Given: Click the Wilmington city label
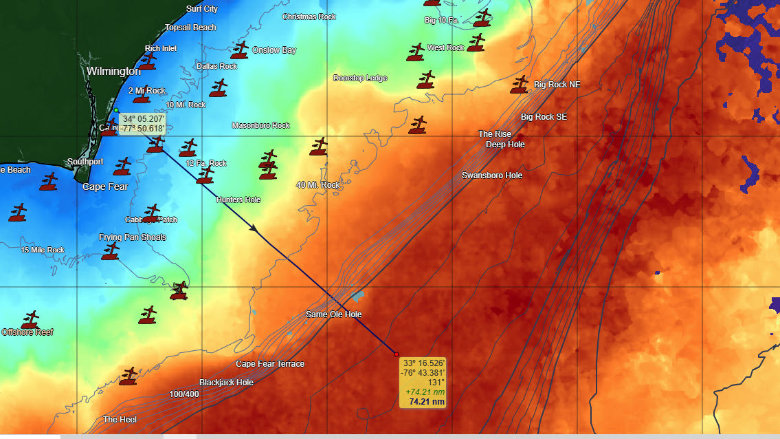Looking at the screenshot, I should tap(113, 71).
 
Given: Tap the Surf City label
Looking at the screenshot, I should tap(202, 9).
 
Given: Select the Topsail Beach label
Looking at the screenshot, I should tap(190, 28).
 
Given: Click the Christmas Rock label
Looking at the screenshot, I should tap(309, 17).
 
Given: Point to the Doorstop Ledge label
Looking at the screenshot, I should tap(360, 78).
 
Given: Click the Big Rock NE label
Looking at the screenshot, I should tap(557, 85).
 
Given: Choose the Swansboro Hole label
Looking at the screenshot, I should tap(492, 175).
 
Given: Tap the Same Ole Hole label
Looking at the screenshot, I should tap(333, 314).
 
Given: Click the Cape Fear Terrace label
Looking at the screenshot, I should tap(270, 364).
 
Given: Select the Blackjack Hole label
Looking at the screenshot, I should tap(226, 383).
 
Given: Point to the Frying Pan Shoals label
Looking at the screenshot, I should tap(133, 237).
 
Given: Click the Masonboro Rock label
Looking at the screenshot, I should tap(260, 126).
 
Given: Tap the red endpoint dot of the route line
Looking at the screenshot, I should tap(397, 354).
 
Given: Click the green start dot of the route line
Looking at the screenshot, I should tap(117, 110).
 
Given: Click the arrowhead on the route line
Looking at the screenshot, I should tap(254, 228).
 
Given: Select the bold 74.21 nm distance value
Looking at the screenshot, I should tap(426, 401).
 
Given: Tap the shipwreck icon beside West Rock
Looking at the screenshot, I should tap(415, 52).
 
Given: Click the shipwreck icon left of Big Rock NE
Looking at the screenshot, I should tap(519, 85).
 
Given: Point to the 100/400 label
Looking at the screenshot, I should tap(184, 394).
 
